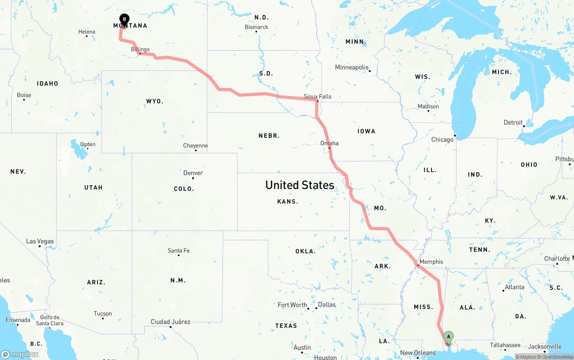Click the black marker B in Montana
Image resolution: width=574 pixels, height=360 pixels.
click(x=124, y=19)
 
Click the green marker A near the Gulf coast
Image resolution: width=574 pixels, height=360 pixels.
click(x=448, y=337)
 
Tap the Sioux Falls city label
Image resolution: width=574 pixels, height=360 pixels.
click(x=317, y=96)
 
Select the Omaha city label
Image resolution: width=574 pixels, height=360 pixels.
click(x=329, y=143)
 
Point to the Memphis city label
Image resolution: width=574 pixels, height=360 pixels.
click(x=431, y=262)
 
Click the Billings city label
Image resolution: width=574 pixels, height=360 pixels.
click(x=140, y=49)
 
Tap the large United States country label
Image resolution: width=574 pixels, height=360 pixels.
click(x=300, y=185)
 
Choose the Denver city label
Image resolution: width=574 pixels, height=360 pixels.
click(x=193, y=173)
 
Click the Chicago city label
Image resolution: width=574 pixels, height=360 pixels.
click(x=442, y=139)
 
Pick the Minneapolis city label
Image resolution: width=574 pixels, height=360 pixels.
click(x=352, y=68)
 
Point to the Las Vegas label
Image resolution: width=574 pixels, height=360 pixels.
click(x=40, y=241)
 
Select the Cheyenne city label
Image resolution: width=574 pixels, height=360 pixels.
click(x=196, y=146)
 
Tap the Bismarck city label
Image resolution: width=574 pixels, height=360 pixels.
click(x=257, y=27)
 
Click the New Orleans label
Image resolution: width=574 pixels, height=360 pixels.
click(x=418, y=353)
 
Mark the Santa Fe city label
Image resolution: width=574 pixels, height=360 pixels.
click(x=178, y=251)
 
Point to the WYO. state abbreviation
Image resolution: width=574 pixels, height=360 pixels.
click(x=155, y=101)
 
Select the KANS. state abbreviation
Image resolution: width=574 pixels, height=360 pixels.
click(x=287, y=202)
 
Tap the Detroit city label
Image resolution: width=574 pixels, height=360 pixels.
click(x=513, y=122)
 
